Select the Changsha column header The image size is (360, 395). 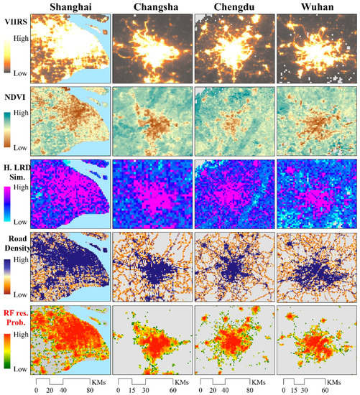click(152, 7)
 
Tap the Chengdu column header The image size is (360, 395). click(233, 7)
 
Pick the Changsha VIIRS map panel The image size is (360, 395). click(152, 48)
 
